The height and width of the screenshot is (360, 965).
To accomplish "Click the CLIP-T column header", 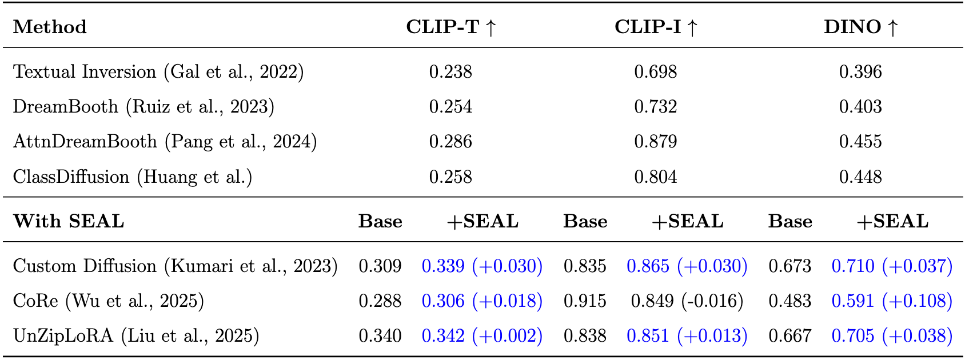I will pos(450,27).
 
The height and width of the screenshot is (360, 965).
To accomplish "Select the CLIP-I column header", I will pos(656,27).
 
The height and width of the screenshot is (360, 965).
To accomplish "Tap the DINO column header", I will pos(861,27).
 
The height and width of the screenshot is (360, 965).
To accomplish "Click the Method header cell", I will pos(50,27).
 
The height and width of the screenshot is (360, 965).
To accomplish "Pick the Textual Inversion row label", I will pos(158,72).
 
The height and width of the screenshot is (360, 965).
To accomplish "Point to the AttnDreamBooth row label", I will pos(165,142).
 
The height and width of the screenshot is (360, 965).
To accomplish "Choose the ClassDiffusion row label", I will pos(133,177).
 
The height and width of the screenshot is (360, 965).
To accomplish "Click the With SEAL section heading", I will pos(69,221).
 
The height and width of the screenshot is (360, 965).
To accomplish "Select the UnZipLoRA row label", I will pos(136,336).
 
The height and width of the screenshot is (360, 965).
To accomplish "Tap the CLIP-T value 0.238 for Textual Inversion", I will pos(450,72).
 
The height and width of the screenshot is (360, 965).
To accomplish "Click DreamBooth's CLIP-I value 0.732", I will pos(656,107).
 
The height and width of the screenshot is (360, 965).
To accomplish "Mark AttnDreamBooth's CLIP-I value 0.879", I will pos(656,142).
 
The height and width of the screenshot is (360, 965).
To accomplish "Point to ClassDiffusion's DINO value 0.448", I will pos(860,177).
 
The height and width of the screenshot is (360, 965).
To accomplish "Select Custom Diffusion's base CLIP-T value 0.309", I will pos(380,266).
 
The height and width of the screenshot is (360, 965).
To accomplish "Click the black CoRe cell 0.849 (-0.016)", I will pos(687,301).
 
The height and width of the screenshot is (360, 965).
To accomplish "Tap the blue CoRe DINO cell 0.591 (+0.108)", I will pos(892,301).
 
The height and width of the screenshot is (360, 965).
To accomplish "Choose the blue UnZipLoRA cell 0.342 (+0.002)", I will pos(482,336).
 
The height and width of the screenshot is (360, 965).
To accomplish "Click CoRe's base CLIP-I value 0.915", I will pos(585,301).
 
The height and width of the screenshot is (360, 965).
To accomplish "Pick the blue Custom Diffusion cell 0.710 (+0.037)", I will pos(892,266).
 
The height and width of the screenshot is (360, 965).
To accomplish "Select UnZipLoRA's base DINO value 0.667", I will pos(790,336).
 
